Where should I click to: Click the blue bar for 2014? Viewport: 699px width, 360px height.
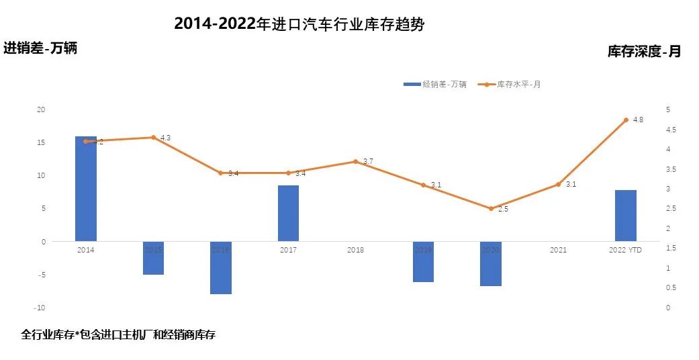pos(86,188)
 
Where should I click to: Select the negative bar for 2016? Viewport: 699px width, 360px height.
pos(221,267)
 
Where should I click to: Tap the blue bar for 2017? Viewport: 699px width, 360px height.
pos(288,213)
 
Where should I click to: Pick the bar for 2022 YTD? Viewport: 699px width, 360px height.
pos(625,216)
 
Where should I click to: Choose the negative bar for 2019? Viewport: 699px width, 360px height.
pos(423,261)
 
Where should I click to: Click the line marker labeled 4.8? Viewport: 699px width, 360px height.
pos(626,120)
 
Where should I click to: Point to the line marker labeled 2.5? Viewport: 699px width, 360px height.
pos(491,209)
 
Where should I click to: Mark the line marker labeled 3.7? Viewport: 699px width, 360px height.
pos(356,161)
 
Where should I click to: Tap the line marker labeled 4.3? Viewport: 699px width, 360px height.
pos(153,137)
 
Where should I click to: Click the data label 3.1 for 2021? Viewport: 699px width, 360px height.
pos(571,184)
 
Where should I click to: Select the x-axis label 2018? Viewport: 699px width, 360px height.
pos(356,251)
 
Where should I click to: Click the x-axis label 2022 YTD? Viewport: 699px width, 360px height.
pos(625,251)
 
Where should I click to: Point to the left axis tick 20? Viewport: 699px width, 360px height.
pos(40,109)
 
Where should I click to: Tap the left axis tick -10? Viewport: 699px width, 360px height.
pos(40,308)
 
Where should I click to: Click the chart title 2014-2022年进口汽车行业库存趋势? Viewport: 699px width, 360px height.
pos(299,24)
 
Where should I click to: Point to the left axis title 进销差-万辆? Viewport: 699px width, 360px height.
pos(40,48)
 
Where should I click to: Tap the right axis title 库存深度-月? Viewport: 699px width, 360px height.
pos(644,51)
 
